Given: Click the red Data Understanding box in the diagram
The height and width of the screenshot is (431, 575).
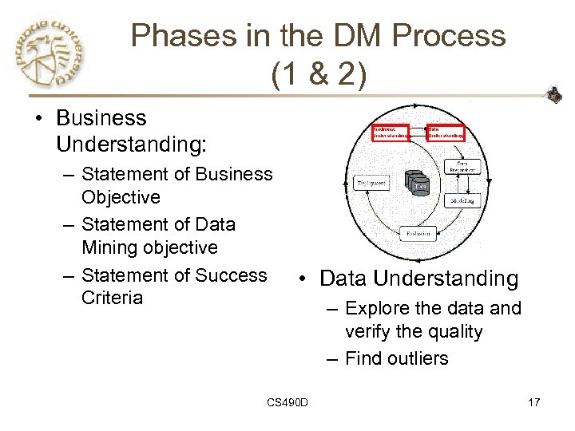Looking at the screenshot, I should (x=445, y=132).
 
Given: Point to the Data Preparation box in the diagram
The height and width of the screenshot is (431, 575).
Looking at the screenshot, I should (x=462, y=164).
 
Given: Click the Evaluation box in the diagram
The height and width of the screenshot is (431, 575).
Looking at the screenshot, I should (x=419, y=234).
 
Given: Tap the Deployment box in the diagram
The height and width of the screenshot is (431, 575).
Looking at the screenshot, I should (x=371, y=183).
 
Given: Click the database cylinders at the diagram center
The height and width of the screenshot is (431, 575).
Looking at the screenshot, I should (x=418, y=184).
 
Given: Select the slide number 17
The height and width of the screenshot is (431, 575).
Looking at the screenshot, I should (x=533, y=401).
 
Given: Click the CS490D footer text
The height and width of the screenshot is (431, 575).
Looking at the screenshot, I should (x=287, y=401).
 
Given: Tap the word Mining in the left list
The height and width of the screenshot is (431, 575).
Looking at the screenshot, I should (x=113, y=247).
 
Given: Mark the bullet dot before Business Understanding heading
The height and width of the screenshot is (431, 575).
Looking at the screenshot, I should (x=39, y=119).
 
